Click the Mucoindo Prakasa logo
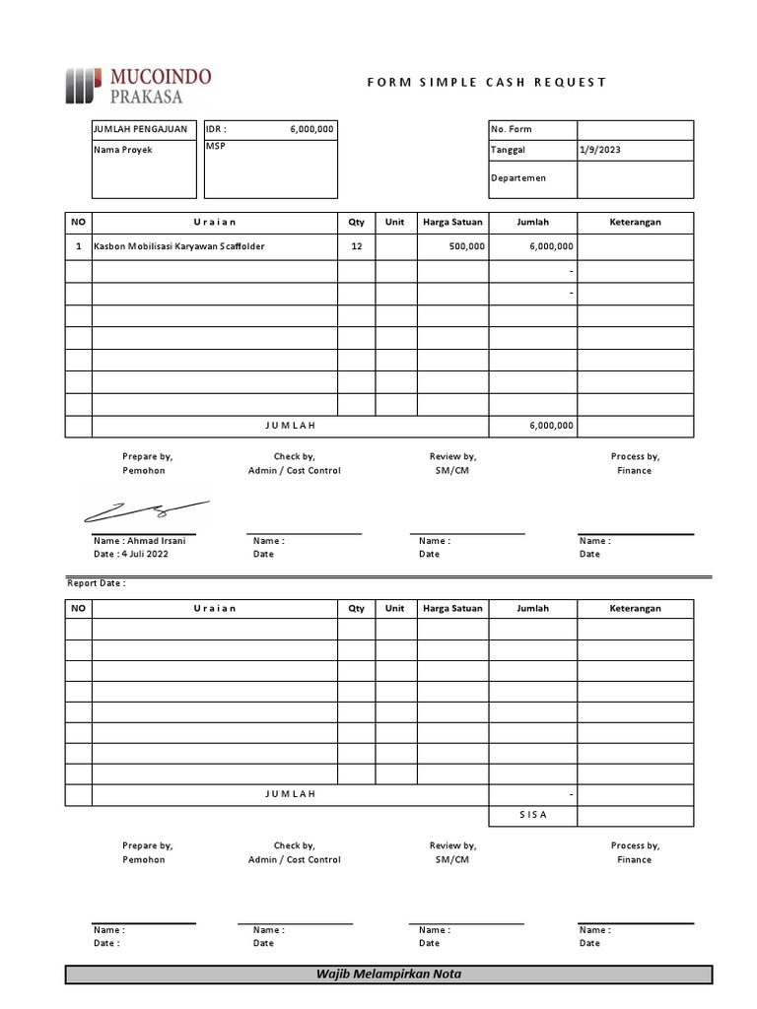click(138, 85)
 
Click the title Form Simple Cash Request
click(487, 82)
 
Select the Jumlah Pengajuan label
click(140, 129)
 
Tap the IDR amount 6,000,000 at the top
click(311, 129)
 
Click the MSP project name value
click(215, 146)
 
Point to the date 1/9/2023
click(601, 150)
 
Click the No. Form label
click(511, 129)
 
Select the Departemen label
click(518, 178)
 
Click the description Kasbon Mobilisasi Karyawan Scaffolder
click(179, 246)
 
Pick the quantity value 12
click(356, 246)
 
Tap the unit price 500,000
click(466, 246)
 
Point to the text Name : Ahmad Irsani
click(139, 540)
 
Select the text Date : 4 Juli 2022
click(131, 554)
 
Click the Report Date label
click(96, 583)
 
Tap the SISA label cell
click(532, 815)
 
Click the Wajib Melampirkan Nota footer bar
click(388, 974)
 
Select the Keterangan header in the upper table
click(635, 223)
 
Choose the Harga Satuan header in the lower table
click(452, 608)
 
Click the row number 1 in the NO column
click(79, 246)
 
